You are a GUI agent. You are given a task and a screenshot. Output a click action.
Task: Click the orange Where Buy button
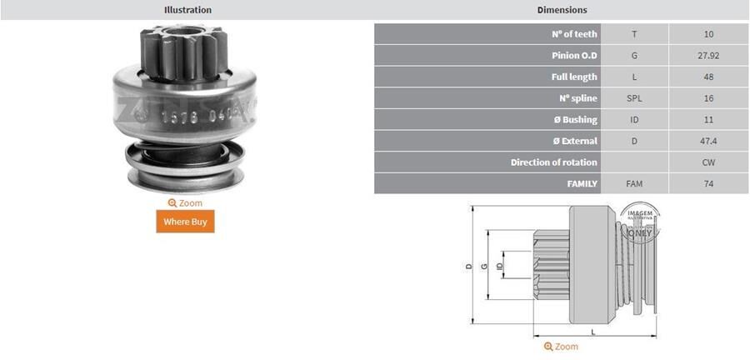(x=185, y=221)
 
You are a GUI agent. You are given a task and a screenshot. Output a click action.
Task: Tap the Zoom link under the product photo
(x=185, y=202)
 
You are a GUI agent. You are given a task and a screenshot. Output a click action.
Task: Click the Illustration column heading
(x=187, y=10)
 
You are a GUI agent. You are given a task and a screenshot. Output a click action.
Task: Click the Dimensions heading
(x=562, y=10)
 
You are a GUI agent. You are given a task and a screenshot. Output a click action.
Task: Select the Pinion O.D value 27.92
(x=708, y=55)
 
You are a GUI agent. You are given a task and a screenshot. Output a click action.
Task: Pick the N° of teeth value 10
(x=708, y=34)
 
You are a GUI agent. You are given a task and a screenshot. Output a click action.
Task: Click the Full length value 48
(x=708, y=77)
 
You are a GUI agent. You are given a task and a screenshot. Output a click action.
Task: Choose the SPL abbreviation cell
(x=634, y=98)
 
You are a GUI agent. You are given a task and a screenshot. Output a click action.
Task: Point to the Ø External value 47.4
(x=708, y=141)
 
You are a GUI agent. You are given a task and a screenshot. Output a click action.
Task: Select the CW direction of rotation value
(x=708, y=162)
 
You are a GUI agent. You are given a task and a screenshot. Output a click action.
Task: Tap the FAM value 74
(x=708, y=183)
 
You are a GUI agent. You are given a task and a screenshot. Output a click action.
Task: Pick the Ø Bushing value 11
(x=708, y=119)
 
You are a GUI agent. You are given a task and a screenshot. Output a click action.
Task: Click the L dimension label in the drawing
(x=592, y=332)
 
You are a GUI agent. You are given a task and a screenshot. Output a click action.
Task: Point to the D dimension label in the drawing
(x=469, y=267)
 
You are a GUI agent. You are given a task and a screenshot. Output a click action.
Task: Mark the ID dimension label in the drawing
(x=499, y=267)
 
